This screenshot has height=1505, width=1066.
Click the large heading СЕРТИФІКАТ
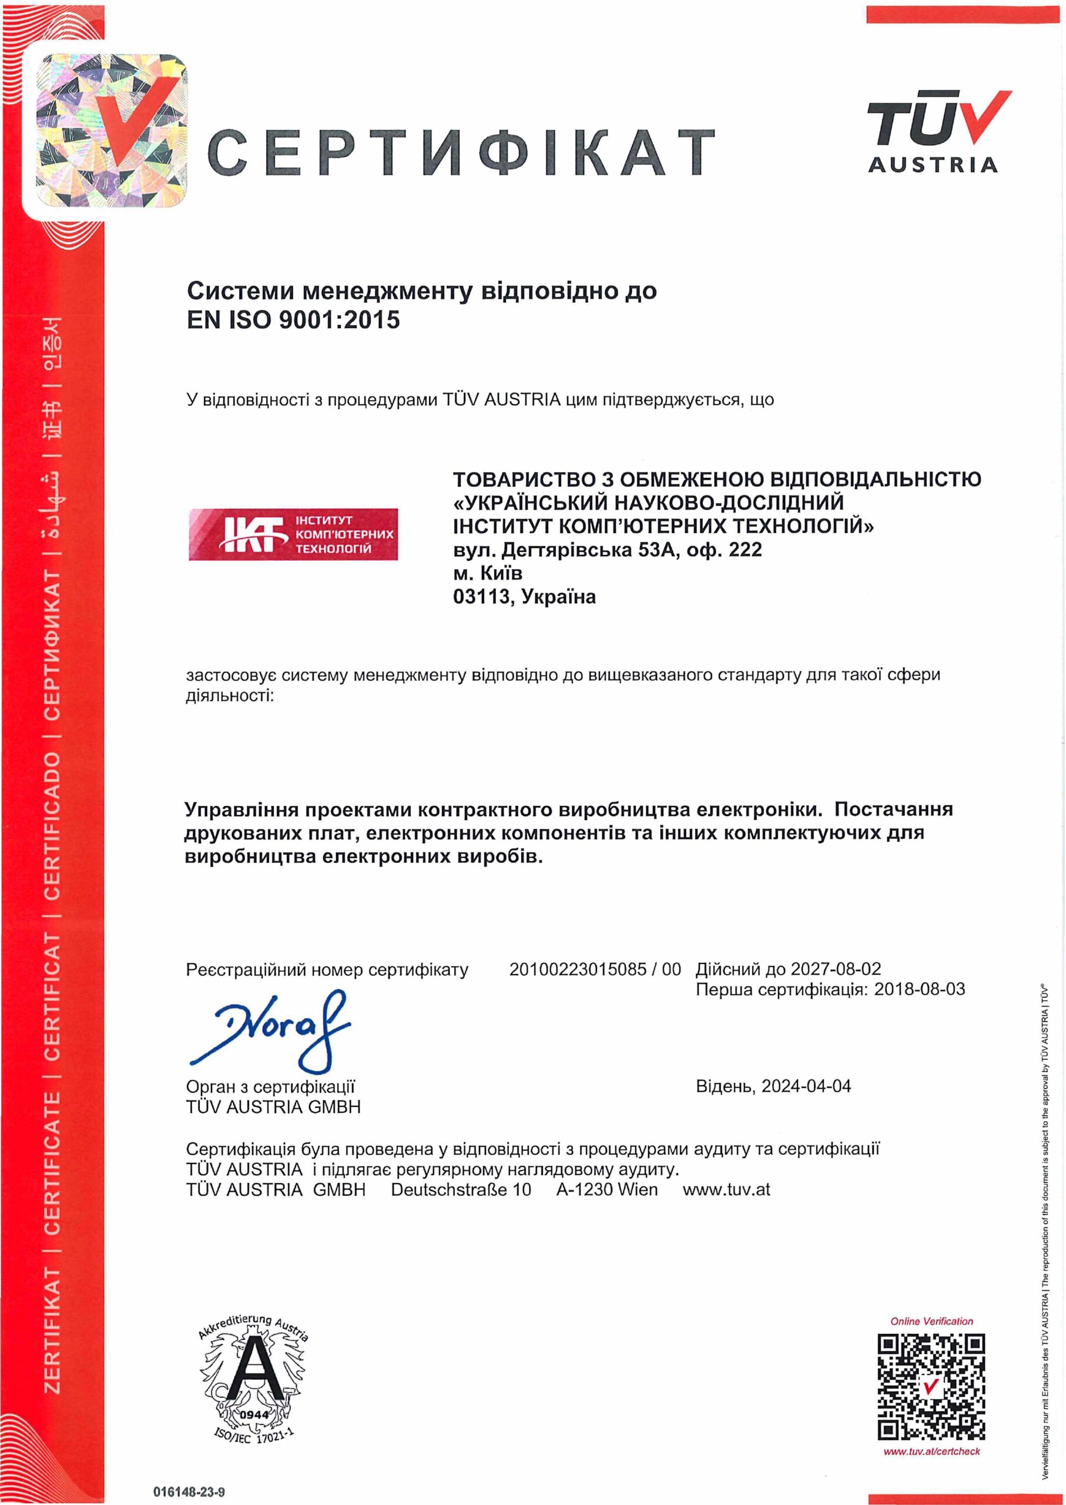coord(460,152)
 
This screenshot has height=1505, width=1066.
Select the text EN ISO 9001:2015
coord(293,320)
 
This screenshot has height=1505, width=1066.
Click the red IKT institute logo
coord(293,534)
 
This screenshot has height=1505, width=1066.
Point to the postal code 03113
coord(481,597)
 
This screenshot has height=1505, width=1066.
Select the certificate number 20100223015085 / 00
coord(595,969)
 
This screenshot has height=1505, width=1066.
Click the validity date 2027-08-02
coord(836,969)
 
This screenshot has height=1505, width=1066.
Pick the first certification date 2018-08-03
coord(919,989)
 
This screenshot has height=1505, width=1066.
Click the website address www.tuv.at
coord(726,1190)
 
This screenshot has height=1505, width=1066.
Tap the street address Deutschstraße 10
coord(461,1190)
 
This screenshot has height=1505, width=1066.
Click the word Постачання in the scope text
coord(893,809)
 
